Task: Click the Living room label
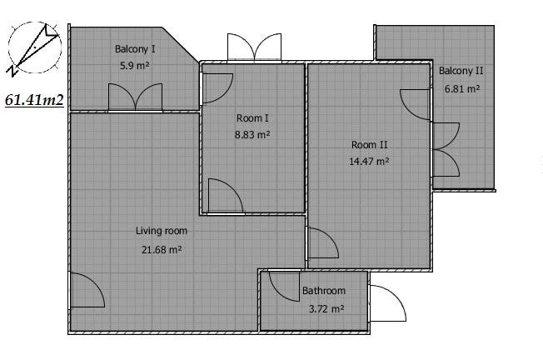162,231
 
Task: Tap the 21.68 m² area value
162,249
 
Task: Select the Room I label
252,118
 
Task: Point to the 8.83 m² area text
252,134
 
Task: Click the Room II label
369,145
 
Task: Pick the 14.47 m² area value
369,161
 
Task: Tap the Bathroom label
324,290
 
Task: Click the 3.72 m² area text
326,308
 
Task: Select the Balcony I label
135,49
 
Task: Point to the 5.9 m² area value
135,65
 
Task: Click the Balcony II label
461,71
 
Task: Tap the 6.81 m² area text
462,88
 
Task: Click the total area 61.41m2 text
34,100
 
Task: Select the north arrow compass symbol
34,48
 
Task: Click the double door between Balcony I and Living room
136,97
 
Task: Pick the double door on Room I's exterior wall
254,47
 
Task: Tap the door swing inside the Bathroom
284,286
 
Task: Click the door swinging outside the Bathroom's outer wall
387,303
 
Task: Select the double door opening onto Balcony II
446,150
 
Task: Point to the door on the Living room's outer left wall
87,290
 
